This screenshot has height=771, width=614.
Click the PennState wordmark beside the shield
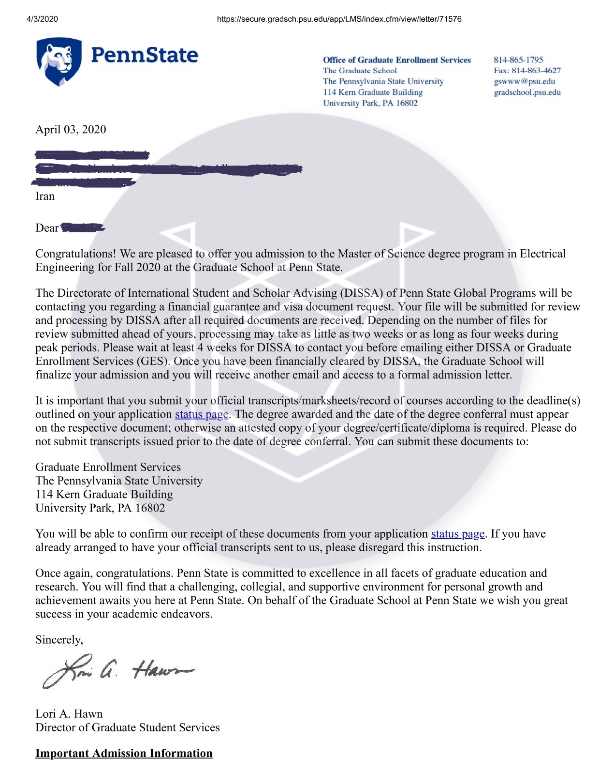(x=144, y=56)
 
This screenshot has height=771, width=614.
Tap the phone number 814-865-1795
(x=518, y=60)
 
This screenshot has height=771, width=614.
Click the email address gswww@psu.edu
(x=524, y=81)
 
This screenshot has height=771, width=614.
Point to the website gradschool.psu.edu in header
(x=527, y=92)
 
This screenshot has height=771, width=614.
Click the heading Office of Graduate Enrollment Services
(x=396, y=60)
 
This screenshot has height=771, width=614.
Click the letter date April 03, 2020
(x=71, y=130)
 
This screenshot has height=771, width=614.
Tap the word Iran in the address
(x=45, y=197)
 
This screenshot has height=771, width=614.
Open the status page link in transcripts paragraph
(x=201, y=415)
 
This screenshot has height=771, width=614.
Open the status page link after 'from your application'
(x=457, y=534)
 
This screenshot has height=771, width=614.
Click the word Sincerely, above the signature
(x=59, y=640)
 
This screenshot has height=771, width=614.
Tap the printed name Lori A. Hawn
(x=69, y=714)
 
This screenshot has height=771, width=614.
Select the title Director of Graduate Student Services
(x=127, y=727)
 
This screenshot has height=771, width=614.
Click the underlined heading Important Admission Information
(x=124, y=754)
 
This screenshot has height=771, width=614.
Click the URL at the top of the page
(x=339, y=19)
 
